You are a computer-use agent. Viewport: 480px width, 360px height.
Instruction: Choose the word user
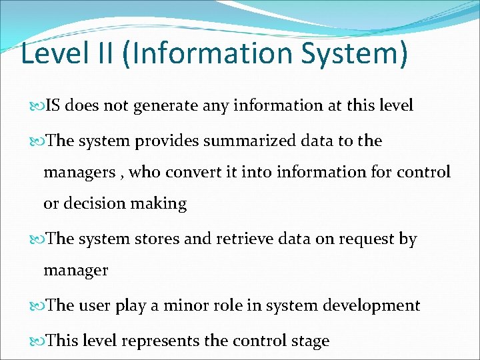[x=95, y=305]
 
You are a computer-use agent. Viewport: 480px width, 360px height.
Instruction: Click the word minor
[x=185, y=305]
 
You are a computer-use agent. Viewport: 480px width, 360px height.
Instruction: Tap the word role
[x=229, y=305]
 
